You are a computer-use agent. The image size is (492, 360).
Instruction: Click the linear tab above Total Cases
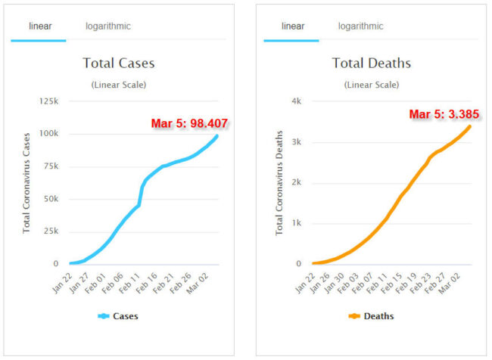[41, 26]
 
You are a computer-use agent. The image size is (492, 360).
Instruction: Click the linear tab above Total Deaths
[293, 26]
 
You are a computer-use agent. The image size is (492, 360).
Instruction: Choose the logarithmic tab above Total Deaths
[361, 26]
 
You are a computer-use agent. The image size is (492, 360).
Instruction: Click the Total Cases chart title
[118, 63]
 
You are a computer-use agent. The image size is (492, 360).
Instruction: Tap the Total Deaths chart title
[371, 63]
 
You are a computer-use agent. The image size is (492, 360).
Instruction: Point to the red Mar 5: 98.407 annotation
[190, 123]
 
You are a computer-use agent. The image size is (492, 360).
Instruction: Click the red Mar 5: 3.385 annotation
[444, 114]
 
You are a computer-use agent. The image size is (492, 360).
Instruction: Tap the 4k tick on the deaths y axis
[297, 101]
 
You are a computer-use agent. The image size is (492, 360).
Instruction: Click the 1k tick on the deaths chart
[297, 224]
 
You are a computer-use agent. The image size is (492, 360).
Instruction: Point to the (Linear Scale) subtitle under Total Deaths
[371, 84]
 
